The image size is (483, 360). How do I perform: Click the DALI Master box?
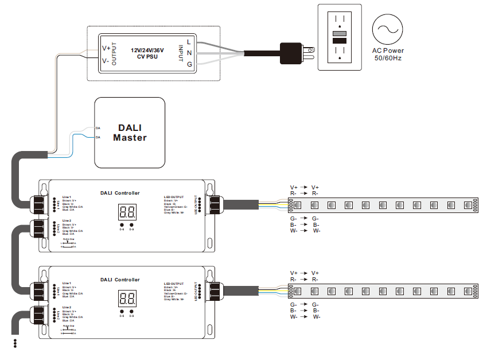[x=130, y=133]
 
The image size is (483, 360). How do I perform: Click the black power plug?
[x=293, y=53]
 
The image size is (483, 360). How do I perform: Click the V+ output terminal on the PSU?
[x=106, y=48]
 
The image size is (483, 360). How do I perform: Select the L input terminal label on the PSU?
[x=189, y=41]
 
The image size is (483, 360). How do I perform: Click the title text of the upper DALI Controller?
[x=119, y=193]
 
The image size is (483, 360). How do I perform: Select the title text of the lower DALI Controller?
[x=119, y=280]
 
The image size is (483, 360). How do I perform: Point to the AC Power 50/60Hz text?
[x=387, y=55]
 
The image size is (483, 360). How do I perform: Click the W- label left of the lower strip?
[x=293, y=317]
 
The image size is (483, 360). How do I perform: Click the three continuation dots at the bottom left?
[x=15, y=343]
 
